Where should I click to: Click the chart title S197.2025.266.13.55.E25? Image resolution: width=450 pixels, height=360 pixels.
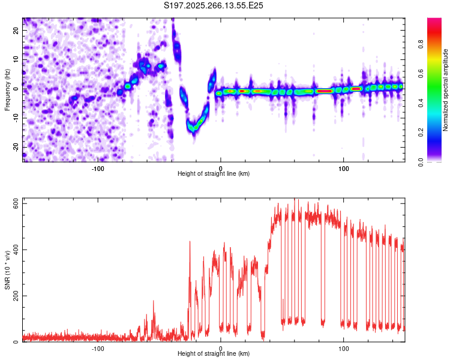(214, 5)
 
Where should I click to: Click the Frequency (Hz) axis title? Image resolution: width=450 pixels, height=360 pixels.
(8, 90)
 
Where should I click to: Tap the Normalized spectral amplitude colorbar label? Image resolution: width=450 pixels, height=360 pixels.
(446, 90)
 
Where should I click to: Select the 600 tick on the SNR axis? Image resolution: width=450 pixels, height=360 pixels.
(17, 204)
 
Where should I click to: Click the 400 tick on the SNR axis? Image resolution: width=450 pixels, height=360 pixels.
(17, 250)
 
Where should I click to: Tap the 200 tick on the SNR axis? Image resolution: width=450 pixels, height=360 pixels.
(17, 296)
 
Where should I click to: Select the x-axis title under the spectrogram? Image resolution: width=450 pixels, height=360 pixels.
(214, 173)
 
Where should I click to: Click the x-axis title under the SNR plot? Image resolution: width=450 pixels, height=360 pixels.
(214, 354)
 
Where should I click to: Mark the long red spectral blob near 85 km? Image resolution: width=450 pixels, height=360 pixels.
(325, 91)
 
